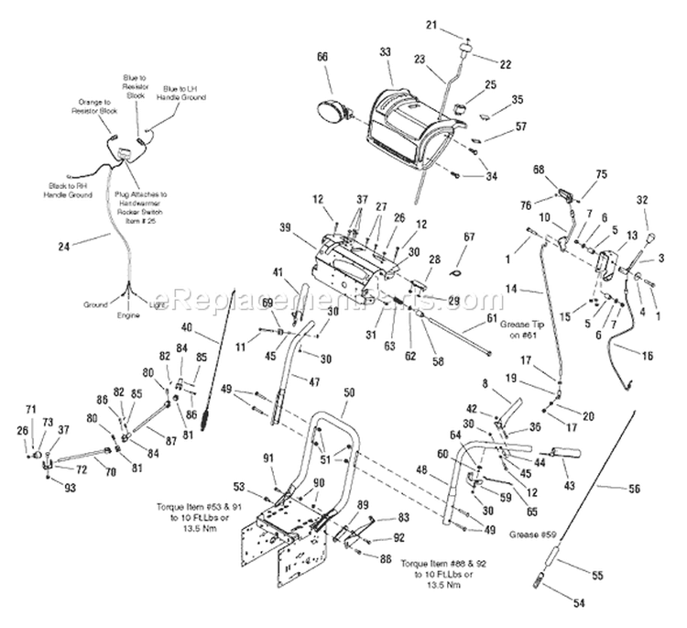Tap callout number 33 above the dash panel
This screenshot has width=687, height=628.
coord(385,52)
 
